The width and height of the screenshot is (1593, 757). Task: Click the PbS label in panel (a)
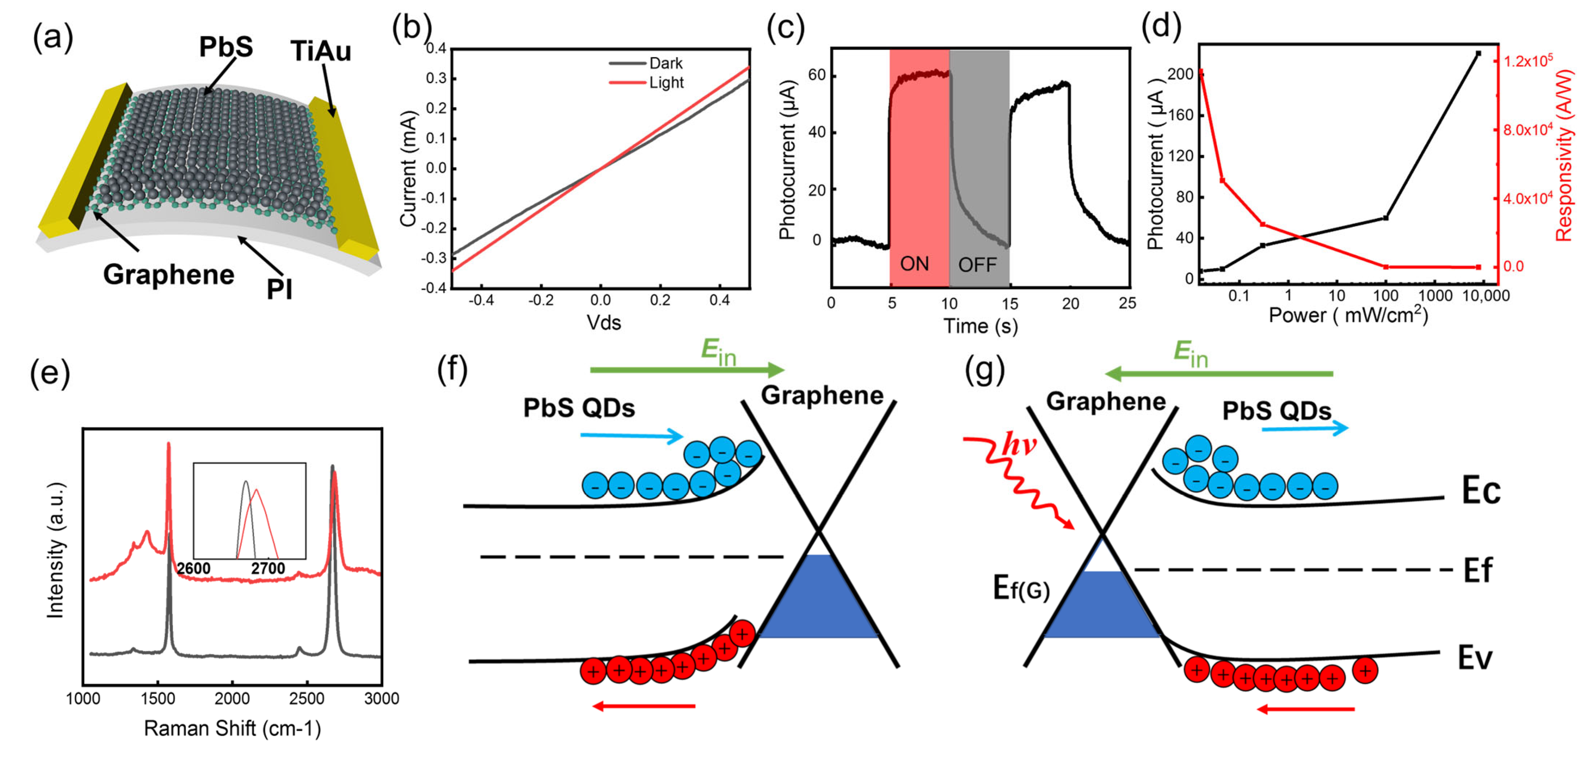(226, 47)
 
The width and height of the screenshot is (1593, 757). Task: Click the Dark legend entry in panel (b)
(666, 63)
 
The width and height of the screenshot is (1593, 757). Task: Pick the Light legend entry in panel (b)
(666, 82)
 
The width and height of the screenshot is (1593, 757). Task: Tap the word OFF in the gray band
(977, 265)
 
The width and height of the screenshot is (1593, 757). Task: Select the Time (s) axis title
(980, 326)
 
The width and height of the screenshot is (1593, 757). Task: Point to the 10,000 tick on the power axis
(1485, 296)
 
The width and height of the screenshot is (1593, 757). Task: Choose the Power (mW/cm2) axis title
(1348, 316)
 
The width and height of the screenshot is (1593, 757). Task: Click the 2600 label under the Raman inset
(194, 568)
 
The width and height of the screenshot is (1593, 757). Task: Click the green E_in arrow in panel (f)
(686, 370)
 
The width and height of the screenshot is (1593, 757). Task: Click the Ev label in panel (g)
(1475, 658)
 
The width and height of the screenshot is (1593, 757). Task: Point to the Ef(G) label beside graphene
(1021, 588)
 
